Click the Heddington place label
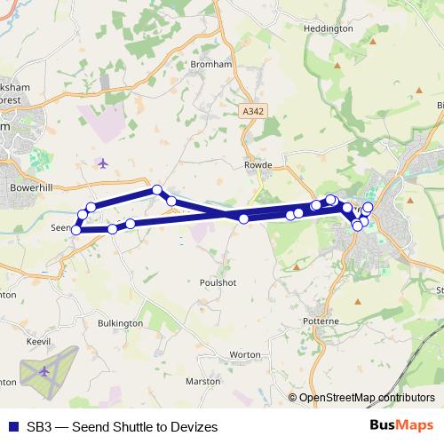(328, 28)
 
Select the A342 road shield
(253, 112)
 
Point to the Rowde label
(257, 164)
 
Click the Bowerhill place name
(33, 188)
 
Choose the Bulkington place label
(121, 323)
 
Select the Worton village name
(244, 353)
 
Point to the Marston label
(203, 381)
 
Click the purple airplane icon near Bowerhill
(103, 163)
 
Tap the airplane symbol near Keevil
(45, 369)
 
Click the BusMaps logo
(402, 426)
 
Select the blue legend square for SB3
(12, 427)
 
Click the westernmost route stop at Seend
(76, 230)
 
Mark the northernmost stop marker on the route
(156, 189)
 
